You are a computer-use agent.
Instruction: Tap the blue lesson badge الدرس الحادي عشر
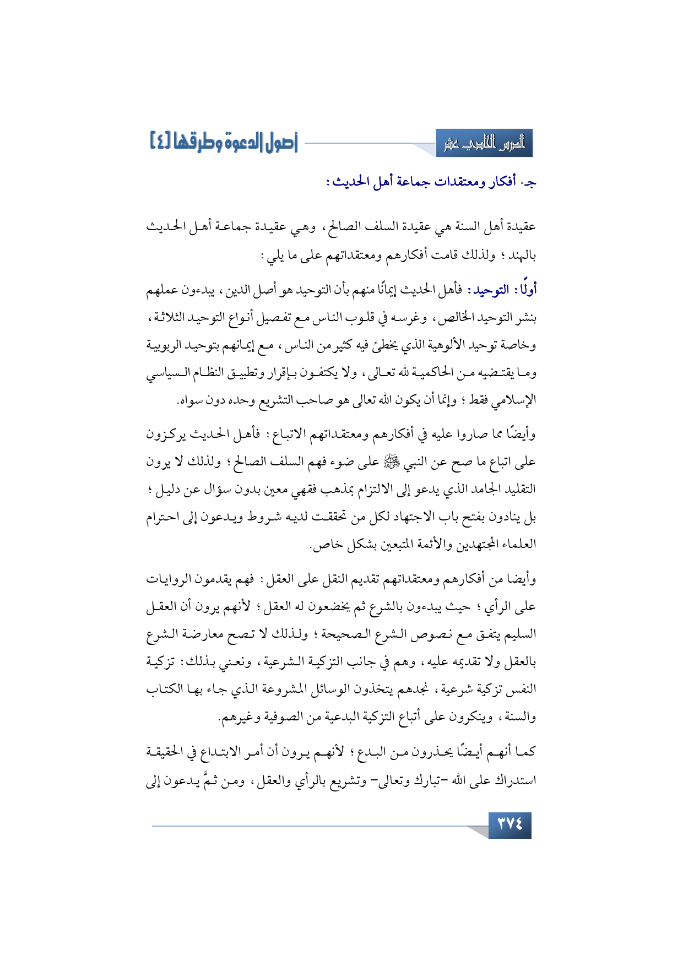pos(484,144)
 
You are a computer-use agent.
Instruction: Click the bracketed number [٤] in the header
pos(161,140)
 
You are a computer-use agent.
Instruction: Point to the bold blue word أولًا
pos(526,290)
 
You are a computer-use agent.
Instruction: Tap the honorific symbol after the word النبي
pos(393,462)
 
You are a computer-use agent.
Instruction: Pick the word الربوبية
pos(167,345)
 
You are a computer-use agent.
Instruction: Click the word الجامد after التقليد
pos(482,489)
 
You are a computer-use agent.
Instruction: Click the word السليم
pos(521,634)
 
